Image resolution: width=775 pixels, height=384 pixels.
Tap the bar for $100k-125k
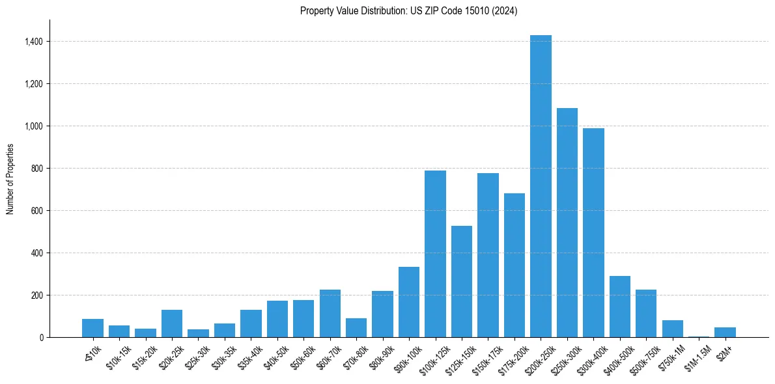coord(435,254)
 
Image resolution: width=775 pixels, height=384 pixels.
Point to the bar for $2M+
coord(725,332)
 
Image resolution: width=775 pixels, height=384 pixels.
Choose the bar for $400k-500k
coord(619,307)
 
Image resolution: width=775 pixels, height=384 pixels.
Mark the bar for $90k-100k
coord(409,302)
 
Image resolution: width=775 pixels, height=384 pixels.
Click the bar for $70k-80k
coord(356,327)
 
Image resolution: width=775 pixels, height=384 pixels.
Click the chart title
coord(408,11)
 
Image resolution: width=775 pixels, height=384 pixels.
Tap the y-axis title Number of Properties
coord(10,179)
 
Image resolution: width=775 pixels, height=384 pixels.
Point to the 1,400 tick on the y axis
coord(34,42)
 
